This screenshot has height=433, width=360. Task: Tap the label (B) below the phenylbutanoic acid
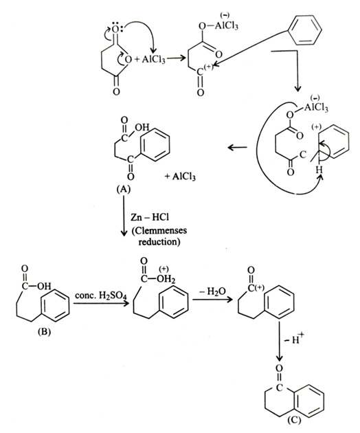point(44,332)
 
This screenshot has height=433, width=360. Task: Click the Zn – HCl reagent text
point(150,218)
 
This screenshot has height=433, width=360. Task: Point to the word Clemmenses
point(159,230)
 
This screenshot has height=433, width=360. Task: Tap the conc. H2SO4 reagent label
point(100,296)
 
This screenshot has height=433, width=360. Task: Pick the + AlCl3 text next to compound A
point(180,176)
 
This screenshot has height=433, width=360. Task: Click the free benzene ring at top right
point(305,30)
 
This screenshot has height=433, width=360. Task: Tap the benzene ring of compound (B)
point(55,305)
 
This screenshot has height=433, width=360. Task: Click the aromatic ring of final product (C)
point(308,400)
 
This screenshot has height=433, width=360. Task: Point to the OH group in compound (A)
point(142,128)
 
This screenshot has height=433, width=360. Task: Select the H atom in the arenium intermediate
point(319,170)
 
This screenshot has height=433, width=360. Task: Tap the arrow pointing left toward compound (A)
point(238,148)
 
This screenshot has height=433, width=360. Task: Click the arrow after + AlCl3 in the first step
point(176,58)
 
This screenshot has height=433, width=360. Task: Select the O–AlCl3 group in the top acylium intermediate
point(218,25)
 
